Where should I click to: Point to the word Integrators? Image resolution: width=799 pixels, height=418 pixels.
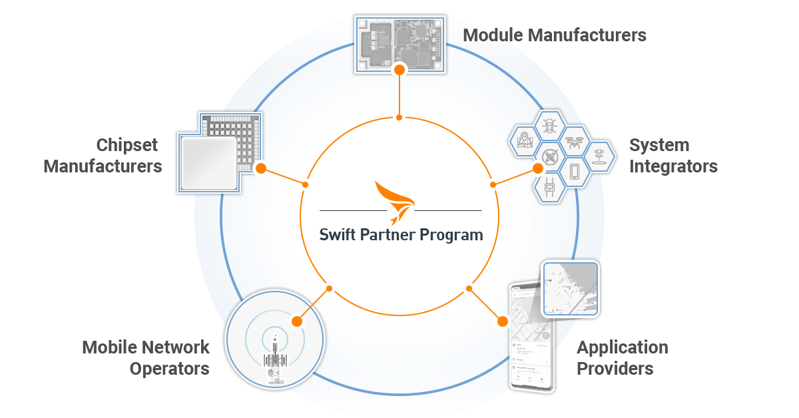[x=673, y=166]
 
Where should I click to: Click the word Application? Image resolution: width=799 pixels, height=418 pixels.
[x=622, y=347]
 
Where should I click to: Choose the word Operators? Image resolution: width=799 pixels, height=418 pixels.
[x=169, y=368]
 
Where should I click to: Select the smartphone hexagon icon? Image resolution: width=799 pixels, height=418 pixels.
[x=574, y=172]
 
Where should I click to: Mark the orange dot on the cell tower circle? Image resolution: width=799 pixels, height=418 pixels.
[x=297, y=321]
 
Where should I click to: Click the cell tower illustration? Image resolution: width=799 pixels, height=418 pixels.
[x=274, y=359]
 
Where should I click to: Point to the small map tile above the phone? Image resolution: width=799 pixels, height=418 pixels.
[x=570, y=288]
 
